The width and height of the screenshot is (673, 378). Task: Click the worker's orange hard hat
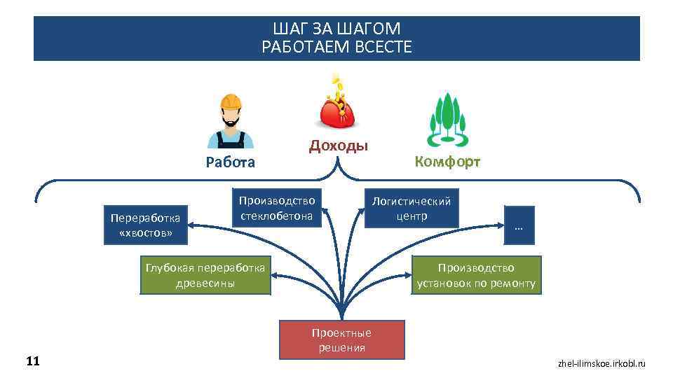click(x=231, y=101)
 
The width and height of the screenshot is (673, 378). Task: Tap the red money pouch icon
click(x=339, y=112)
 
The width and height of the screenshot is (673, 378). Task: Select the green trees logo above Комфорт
click(x=447, y=118)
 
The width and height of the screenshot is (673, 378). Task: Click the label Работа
click(x=230, y=163)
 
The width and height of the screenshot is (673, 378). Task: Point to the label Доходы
click(x=339, y=146)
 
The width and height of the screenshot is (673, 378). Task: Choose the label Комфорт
click(x=447, y=162)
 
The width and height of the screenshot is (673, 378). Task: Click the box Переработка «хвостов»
click(x=145, y=225)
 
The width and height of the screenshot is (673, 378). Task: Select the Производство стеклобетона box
click(x=276, y=208)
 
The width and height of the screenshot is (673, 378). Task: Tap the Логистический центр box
click(x=412, y=208)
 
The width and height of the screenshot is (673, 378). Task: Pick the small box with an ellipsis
click(x=519, y=225)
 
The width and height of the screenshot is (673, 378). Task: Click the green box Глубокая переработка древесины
click(x=205, y=275)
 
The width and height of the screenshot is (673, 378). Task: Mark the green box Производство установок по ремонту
click(x=476, y=275)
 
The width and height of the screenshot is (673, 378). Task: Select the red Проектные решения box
click(x=341, y=339)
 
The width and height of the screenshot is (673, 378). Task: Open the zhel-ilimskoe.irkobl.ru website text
click(x=601, y=363)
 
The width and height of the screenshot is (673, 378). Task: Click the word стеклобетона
click(x=276, y=216)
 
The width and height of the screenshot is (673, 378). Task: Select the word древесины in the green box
click(x=205, y=283)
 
